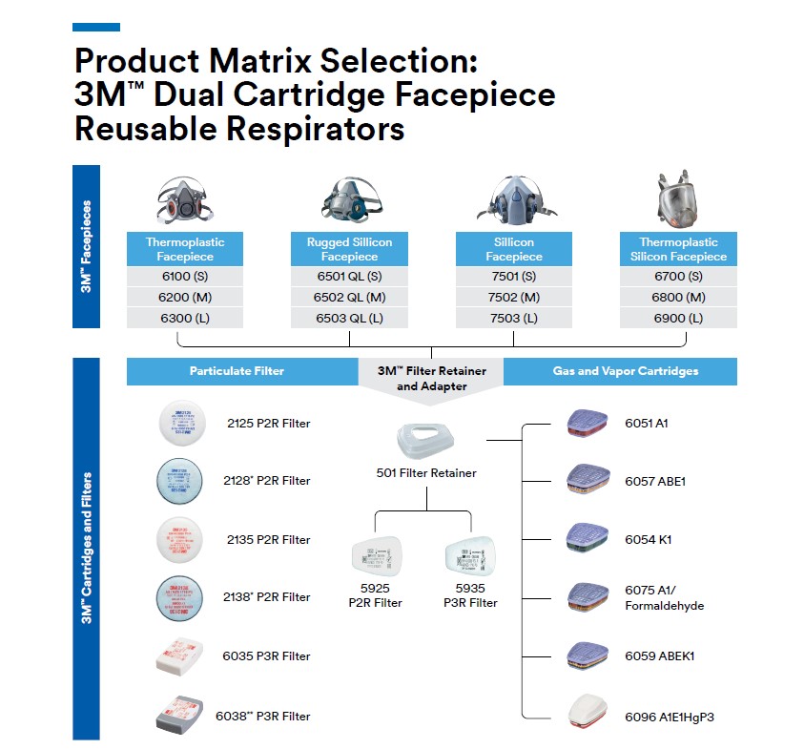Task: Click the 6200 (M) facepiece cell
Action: (185, 297)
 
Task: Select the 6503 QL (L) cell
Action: (349, 318)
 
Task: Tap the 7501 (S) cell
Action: (513, 277)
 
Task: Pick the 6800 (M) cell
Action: (678, 297)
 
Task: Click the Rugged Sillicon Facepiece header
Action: (349, 249)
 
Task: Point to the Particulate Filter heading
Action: (237, 370)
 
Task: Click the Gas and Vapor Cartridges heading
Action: (626, 370)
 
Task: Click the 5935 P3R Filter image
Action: (470, 556)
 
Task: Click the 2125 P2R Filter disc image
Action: (181, 423)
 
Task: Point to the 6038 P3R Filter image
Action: (181, 716)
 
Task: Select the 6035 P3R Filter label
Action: (266, 656)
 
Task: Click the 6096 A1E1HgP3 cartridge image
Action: (588, 715)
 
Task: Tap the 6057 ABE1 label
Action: (655, 482)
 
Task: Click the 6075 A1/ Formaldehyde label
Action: (665, 598)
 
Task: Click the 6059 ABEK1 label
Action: (659, 656)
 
